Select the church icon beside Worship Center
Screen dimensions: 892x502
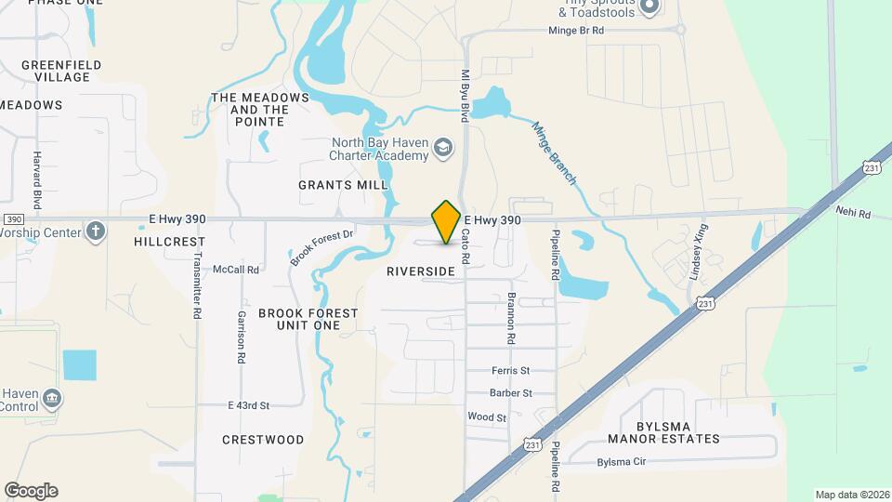click(95, 231)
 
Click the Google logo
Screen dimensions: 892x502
click(31, 491)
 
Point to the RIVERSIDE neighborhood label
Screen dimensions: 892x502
click(421, 271)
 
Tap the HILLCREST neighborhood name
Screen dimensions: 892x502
click(168, 241)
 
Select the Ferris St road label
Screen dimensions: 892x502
click(510, 370)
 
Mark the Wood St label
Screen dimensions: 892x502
click(487, 417)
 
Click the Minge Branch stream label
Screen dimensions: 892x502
click(555, 152)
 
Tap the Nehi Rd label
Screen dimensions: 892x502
click(851, 214)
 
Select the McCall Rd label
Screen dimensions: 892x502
click(235, 270)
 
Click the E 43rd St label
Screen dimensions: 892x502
click(248, 405)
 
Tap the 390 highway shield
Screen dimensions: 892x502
click(13, 219)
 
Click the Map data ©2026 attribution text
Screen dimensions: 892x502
click(851, 495)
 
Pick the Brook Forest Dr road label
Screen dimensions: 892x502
click(321, 247)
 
